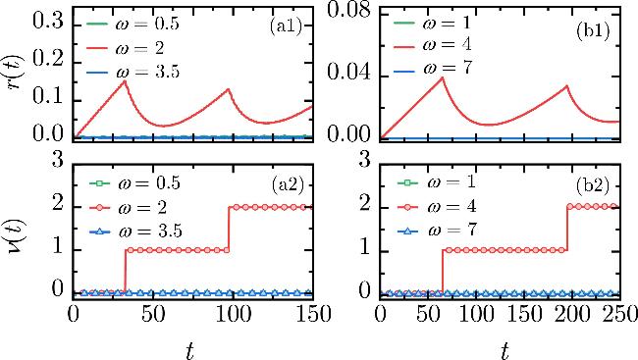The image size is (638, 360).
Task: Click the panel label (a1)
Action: click(286, 26)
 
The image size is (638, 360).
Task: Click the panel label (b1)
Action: click(593, 31)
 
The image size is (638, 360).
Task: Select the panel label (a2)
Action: click(288, 185)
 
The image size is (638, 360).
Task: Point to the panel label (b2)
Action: click(593, 185)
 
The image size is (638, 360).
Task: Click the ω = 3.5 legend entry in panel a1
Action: click(133, 73)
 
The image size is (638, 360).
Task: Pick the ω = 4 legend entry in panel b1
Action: click(433, 44)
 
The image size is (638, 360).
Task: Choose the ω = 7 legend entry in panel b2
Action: click(437, 231)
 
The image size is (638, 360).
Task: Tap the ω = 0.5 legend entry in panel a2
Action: click(134, 183)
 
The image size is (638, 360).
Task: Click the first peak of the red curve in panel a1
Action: click(125, 81)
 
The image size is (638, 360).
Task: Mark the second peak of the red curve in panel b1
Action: click(566, 85)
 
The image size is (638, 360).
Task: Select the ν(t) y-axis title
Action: click(17, 239)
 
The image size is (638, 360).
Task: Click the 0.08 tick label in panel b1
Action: click(348, 10)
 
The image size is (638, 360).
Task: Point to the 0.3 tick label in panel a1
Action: click(48, 22)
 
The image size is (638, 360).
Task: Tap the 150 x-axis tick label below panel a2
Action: click(312, 315)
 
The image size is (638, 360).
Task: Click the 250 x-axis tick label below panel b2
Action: click(621, 315)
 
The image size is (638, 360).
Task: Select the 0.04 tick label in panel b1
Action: click(348, 73)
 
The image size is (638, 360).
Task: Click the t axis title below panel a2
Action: click(189, 350)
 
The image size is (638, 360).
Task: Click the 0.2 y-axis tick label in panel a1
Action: click(48, 59)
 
